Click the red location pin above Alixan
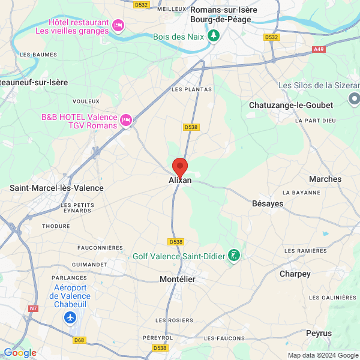(x=180, y=166)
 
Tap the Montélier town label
(x=178, y=279)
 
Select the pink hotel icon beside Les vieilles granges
(x=118, y=25)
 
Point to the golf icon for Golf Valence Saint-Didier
(x=234, y=256)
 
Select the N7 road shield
(x=32, y=309)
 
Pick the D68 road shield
(x=79, y=340)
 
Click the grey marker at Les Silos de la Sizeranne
(x=355, y=98)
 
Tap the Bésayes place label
(x=268, y=204)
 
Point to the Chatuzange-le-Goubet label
(x=290, y=105)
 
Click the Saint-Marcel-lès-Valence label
(x=56, y=188)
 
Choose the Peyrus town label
(x=319, y=333)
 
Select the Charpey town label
(x=295, y=274)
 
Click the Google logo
(x=20, y=353)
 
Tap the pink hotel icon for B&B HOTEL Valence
(x=126, y=120)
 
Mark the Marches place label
(x=325, y=179)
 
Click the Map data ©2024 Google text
(x=323, y=355)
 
